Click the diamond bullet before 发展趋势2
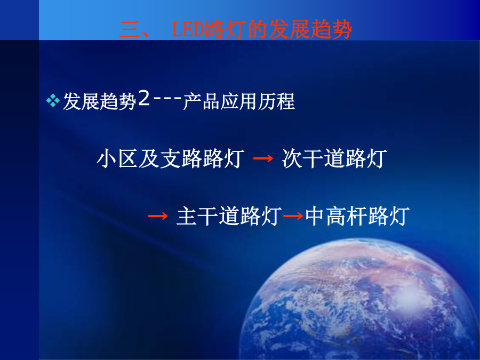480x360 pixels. tap(53, 101)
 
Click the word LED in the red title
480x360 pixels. tap(188, 30)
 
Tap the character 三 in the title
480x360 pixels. tap(130, 30)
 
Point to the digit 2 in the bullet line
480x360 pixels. tap(143, 98)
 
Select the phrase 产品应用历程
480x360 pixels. tap(239, 101)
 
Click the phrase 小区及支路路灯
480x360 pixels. tap(171, 158)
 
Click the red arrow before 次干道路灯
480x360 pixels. tap(263, 158)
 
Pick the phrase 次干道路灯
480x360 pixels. tap(334, 158)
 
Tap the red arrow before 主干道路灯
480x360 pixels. tap(158, 216)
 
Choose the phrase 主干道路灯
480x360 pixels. tap(229, 216)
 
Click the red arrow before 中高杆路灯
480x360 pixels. tap(293, 216)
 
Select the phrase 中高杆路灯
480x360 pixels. tap(357, 216)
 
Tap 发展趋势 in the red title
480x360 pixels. tap(309, 30)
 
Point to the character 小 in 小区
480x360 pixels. tap(107, 158)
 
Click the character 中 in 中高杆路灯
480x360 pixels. tap(315, 216)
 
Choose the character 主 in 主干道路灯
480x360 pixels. tap(187, 217)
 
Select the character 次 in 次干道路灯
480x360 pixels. tap(292, 158)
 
